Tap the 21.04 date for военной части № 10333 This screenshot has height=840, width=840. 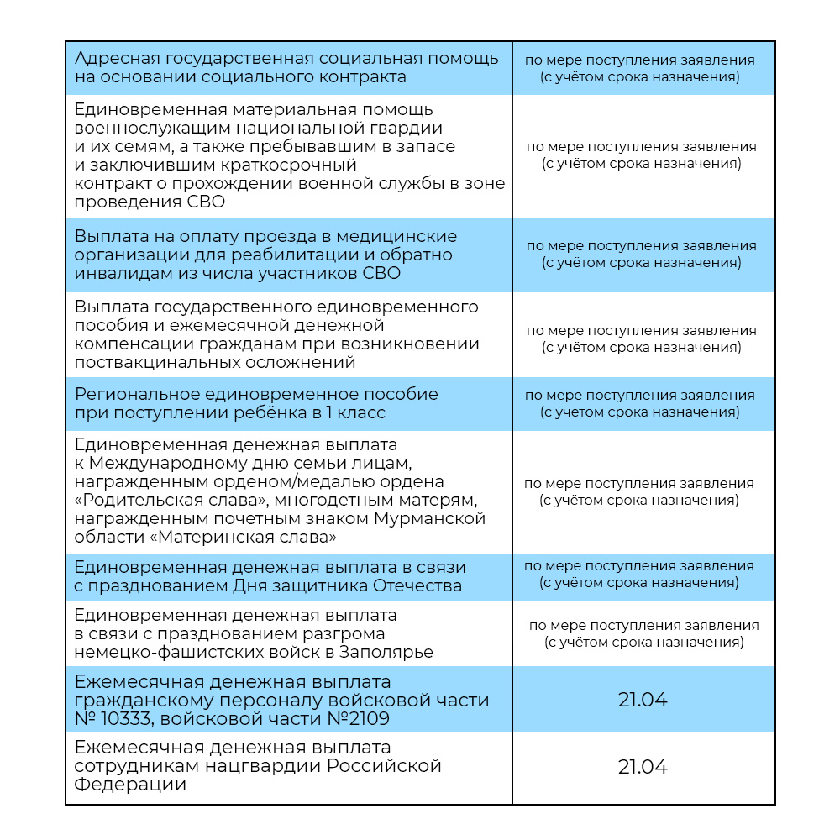(x=643, y=700)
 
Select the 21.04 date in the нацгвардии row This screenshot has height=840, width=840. (x=643, y=767)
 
